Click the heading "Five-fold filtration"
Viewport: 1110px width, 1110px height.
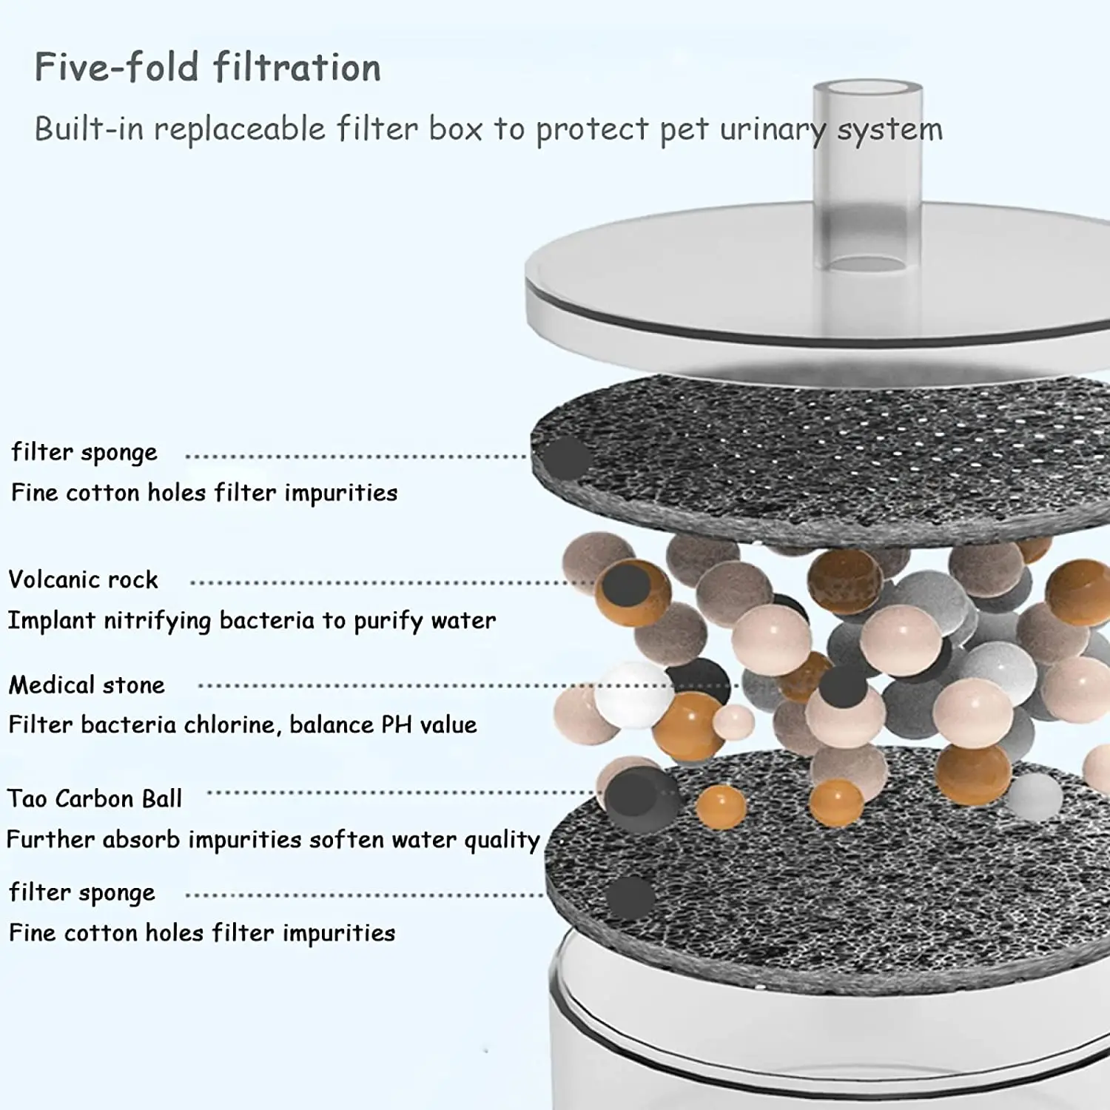(207, 67)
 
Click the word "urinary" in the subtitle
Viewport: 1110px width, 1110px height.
(773, 130)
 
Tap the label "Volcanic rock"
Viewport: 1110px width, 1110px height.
(83, 579)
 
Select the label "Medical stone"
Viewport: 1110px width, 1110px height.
(87, 685)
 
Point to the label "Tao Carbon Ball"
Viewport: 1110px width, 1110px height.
(94, 798)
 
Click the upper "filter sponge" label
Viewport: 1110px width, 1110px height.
(84, 452)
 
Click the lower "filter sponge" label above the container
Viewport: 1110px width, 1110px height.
(82, 892)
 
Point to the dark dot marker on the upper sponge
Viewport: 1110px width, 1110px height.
(564, 458)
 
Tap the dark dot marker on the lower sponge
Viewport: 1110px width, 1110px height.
(630, 897)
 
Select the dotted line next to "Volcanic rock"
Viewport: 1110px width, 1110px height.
(392, 582)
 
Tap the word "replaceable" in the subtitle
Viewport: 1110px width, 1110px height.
(240, 129)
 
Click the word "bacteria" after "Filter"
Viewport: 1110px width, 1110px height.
(128, 724)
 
